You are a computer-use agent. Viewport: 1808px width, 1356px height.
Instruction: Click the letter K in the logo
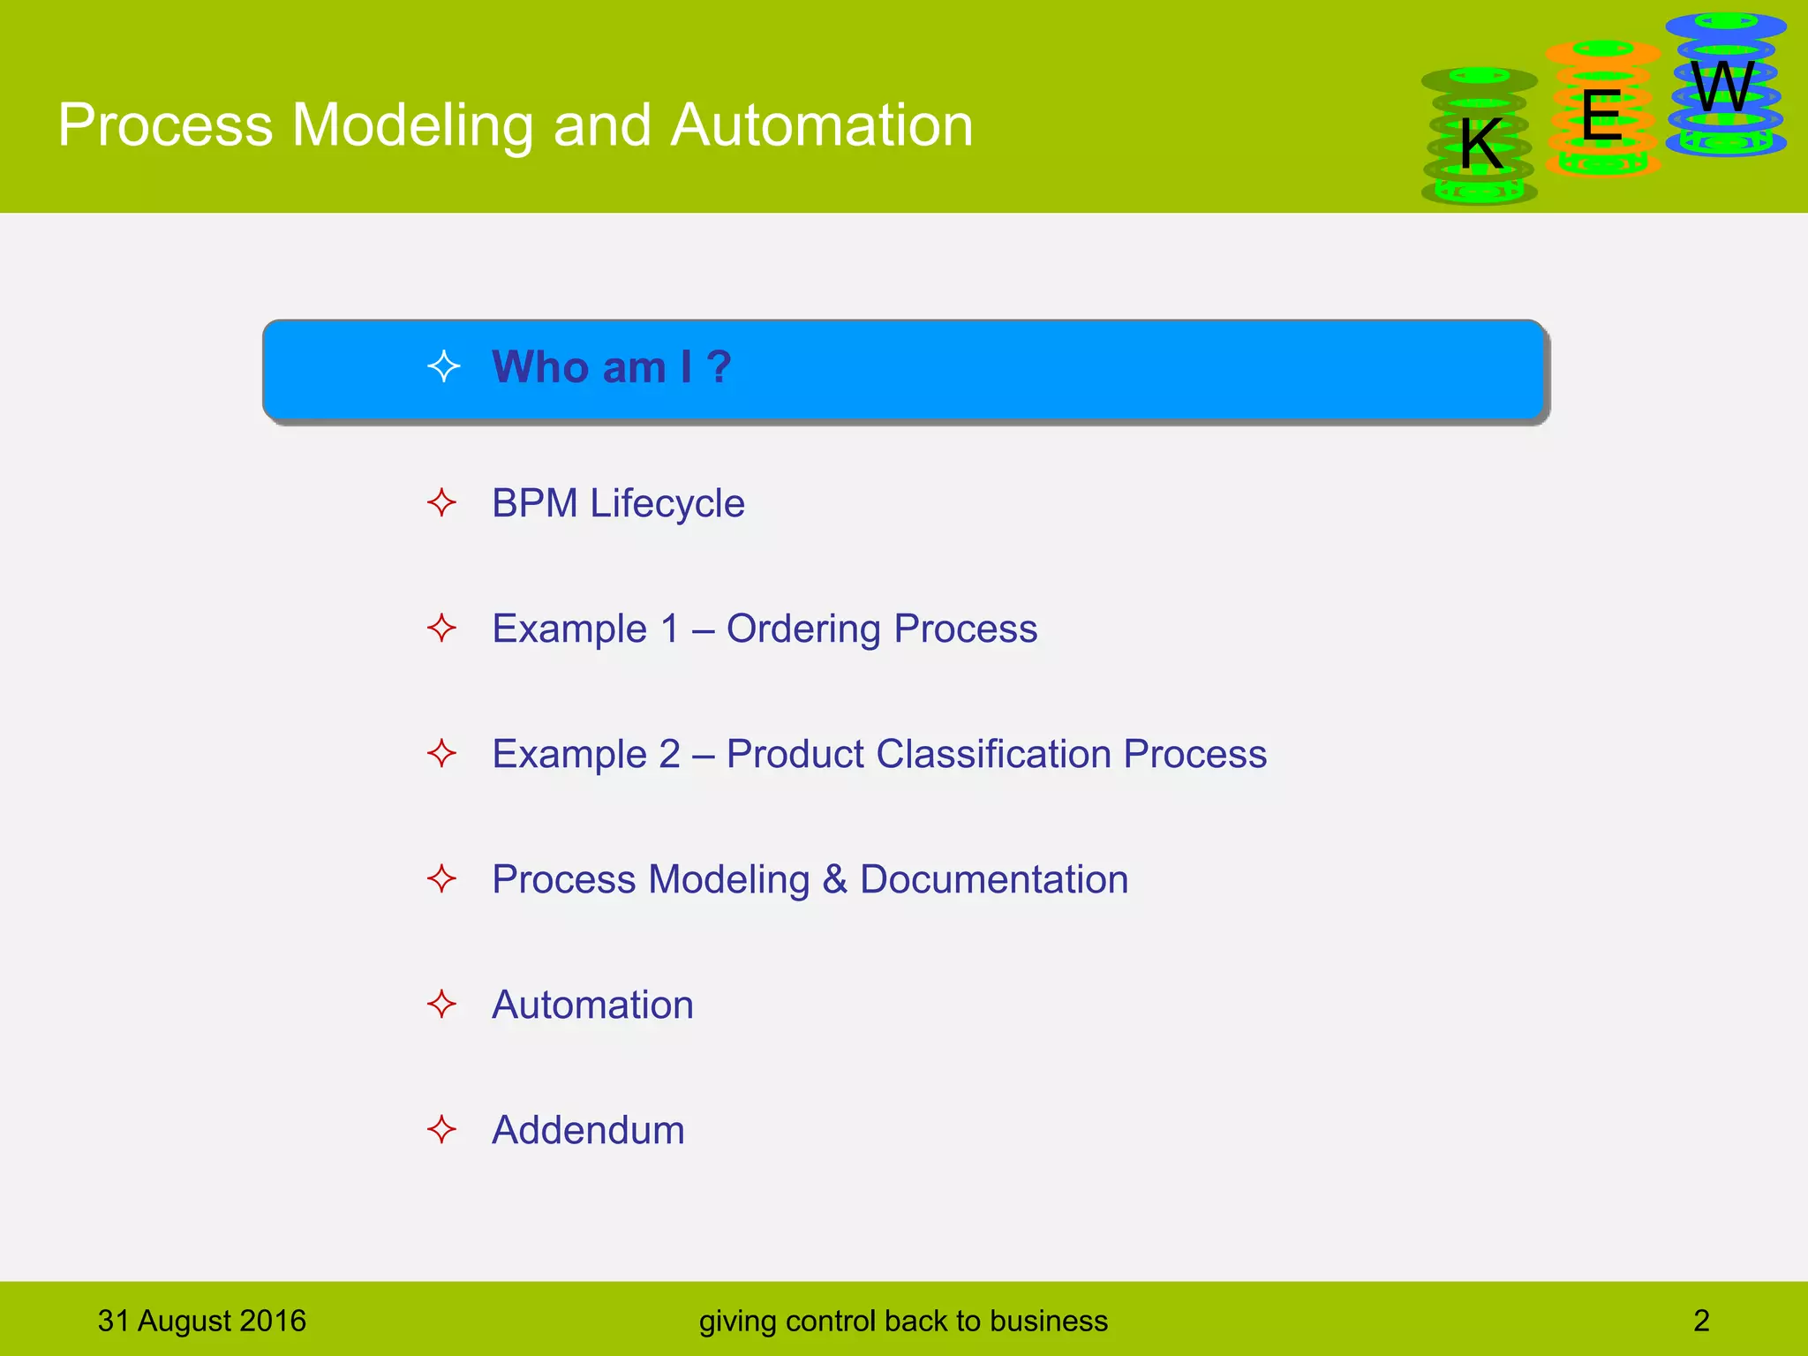[x=1480, y=144]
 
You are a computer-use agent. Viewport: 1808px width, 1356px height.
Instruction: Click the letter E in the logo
[x=1601, y=116]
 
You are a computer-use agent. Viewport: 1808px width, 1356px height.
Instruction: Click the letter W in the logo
[x=1722, y=87]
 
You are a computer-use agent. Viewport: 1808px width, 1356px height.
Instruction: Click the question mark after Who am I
[x=719, y=367]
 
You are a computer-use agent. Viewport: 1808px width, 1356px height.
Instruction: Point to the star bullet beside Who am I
[x=443, y=366]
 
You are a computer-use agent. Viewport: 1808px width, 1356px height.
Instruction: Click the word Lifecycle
[x=667, y=504]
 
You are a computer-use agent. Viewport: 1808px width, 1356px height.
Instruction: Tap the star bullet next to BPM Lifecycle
[x=441, y=503]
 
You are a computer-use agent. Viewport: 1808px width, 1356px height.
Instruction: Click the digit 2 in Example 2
[x=669, y=754]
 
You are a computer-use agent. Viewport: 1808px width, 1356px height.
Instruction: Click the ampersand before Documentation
[x=834, y=879]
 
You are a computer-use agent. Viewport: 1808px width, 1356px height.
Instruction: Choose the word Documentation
[x=994, y=879]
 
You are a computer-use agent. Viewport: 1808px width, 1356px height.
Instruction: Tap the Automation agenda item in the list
[x=592, y=1005]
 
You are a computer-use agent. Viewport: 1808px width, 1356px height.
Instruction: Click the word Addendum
[x=588, y=1130]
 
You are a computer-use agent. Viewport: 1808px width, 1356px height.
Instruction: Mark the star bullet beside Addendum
[x=441, y=1129]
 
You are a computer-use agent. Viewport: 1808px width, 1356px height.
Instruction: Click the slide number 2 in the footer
[x=1701, y=1321]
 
